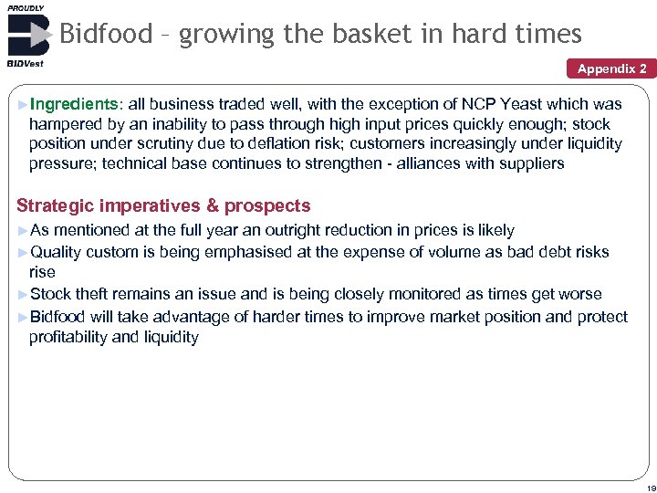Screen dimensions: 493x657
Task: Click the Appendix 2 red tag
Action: tap(611, 68)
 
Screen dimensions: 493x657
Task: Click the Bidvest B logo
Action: tap(27, 36)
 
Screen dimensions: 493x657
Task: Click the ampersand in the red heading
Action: tap(212, 206)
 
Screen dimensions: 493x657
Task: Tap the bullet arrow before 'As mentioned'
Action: tap(23, 231)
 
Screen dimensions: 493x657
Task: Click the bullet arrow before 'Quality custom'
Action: tap(23, 252)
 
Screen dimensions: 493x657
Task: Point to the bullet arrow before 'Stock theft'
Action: tap(23, 294)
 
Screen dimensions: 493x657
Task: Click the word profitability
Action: tap(72, 337)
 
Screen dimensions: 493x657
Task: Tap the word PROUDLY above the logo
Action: tap(25, 7)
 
